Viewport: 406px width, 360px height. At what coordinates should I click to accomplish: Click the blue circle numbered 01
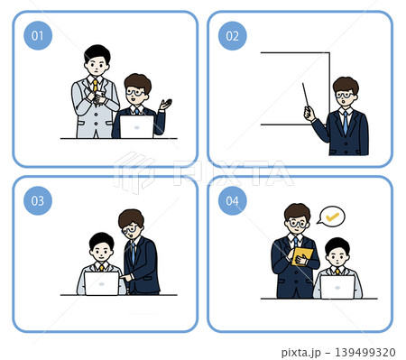pos(38,35)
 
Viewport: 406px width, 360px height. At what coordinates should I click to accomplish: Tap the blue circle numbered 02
pos(232,36)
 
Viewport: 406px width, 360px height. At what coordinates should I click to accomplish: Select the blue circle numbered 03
pos(38,200)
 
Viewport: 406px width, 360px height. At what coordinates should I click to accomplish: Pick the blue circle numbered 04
pos(232,200)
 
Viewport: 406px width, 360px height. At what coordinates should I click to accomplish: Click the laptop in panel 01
pos(137,126)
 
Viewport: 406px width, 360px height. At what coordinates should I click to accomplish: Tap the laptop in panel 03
pos(102,283)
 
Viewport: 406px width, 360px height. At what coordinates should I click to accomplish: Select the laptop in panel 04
pos(337,287)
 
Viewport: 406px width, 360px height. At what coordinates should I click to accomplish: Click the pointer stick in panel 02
pos(306,95)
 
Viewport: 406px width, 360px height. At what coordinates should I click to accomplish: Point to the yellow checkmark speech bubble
pos(331,217)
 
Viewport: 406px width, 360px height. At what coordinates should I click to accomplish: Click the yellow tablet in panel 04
pos(302,257)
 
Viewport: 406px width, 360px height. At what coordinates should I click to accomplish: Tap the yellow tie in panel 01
pos(95,86)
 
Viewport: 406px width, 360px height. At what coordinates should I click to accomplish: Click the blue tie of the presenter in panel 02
pos(346,123)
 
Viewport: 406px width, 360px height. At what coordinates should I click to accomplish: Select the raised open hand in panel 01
pos(166,105)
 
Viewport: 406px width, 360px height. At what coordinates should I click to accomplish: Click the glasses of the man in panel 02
pos(345,96)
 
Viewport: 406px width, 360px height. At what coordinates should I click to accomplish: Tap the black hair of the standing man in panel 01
pos(97,53)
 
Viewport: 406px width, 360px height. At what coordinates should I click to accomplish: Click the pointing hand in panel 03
pos(126,277)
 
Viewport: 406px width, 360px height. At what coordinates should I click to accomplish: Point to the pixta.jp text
pos(300,352)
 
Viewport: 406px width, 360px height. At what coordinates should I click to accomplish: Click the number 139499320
pos(364,352)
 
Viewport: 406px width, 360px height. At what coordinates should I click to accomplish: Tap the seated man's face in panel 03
pos(101,253)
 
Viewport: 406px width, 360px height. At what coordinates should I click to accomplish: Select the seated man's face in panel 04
pos(337,256)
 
